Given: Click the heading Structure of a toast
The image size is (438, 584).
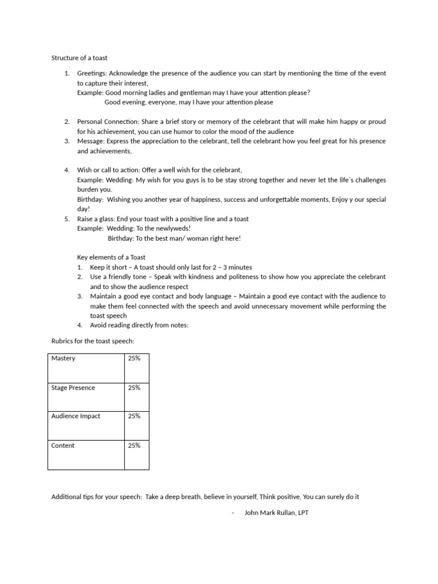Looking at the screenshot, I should (x=79, y=58).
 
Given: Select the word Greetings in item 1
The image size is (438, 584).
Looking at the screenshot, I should (x=91, y=73).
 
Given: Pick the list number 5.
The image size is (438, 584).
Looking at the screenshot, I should (x=66, y=218).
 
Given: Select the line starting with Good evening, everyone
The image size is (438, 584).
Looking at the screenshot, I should (x=181, y=102).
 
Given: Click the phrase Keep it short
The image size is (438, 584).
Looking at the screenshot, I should (x=108, y=267).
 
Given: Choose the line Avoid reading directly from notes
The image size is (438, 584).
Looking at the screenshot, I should (x=139, y=325).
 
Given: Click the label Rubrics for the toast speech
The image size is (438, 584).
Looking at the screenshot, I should (x=93, y=341).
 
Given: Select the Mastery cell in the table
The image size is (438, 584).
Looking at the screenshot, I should (x=86, y=367).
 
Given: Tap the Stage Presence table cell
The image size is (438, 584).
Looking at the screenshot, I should (x=86, y=396).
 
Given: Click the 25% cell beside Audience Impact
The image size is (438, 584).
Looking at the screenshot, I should (x=136, y=425).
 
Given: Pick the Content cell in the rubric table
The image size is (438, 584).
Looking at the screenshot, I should (x=86, y=454).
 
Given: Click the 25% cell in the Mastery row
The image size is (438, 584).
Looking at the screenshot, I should (x=136, y=367).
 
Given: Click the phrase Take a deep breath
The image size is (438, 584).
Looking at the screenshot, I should (x=173, y=497).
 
